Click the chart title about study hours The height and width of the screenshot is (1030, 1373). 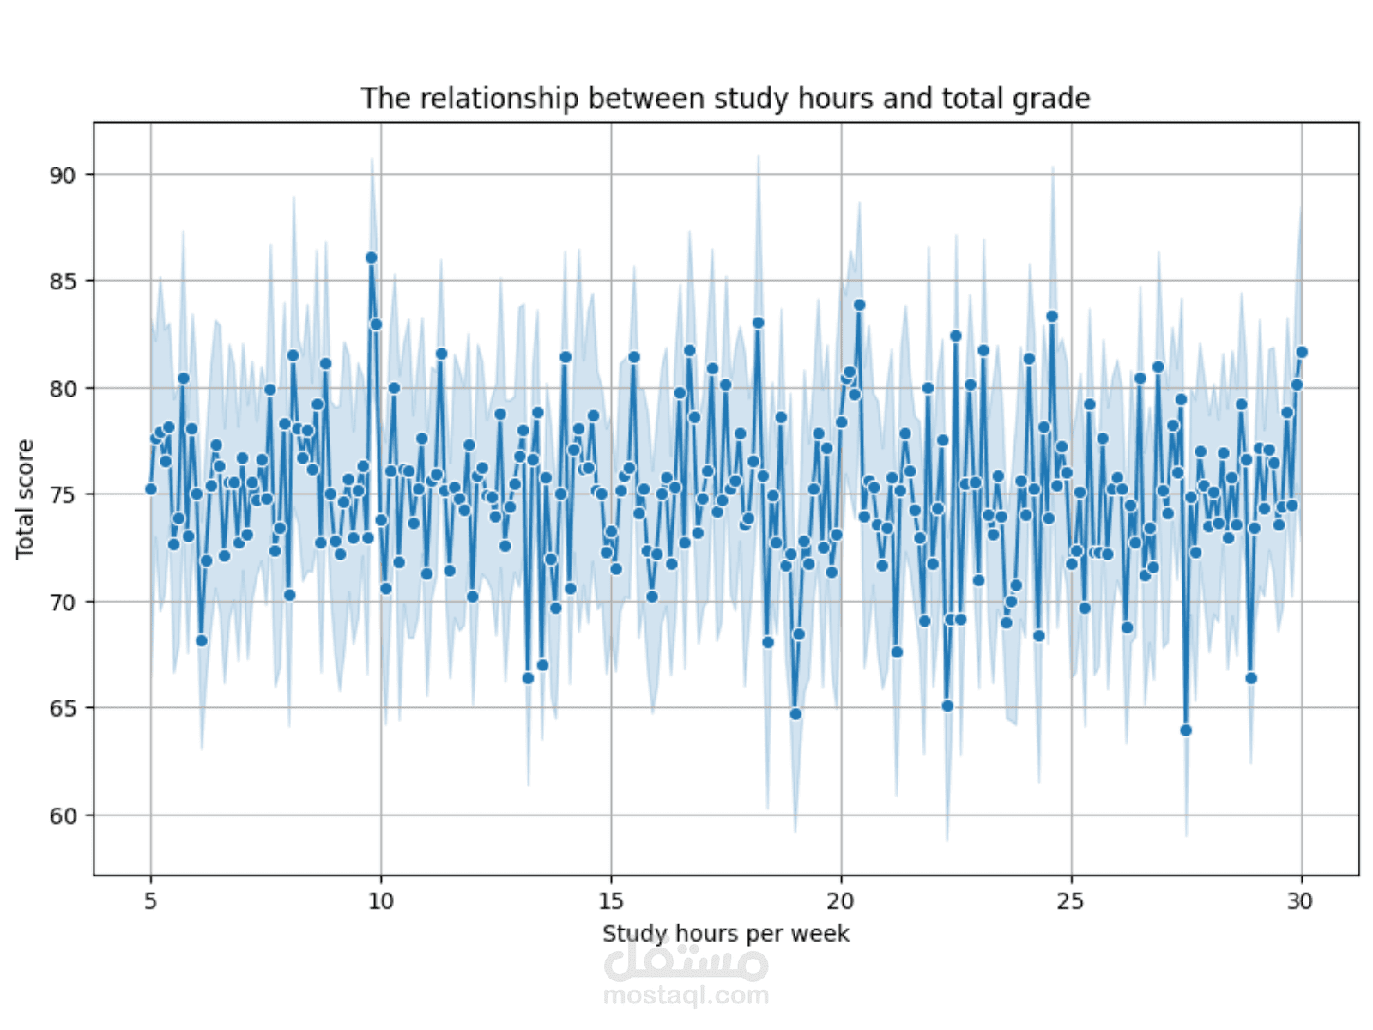[725, 99]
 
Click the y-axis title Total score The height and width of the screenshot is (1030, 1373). [25, 499]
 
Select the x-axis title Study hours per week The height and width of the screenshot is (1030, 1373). [725, 934]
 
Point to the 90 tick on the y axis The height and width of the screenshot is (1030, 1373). [63, 175]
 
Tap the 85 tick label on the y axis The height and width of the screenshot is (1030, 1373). [63, 282]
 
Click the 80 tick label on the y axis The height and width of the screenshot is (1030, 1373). [63, 389]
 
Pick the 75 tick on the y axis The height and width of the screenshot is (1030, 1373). [63, 495]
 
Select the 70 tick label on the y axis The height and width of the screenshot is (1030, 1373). [63, 603]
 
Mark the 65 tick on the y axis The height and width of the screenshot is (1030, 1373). [63, 709]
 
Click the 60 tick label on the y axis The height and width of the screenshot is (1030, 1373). [63, 816]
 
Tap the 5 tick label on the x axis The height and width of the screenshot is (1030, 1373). [151, 901]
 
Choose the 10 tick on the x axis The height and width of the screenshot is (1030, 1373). [381, 901]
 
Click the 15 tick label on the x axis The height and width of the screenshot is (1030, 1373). [611, 901]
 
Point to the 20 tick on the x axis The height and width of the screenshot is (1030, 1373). [841, 901]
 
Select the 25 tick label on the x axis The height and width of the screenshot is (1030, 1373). [1071, 901]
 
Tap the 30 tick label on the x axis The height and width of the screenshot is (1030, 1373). [1301, 901]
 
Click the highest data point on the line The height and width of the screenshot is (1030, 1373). [372, 257]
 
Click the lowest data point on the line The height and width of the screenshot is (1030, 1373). [1186, 730]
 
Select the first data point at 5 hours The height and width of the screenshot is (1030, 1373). [151, 489]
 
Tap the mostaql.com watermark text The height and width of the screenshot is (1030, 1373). [686, 996]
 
